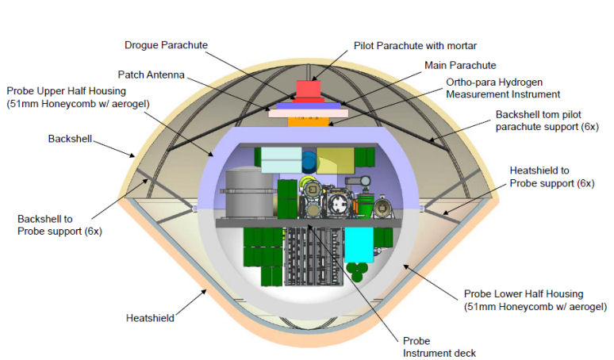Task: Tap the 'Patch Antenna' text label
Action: click(x=152, y=75)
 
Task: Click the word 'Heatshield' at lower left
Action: click(x=150, y=318)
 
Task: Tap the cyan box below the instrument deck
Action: click(x=359, y=246)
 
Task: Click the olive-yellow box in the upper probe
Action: click(x=334, y=159)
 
